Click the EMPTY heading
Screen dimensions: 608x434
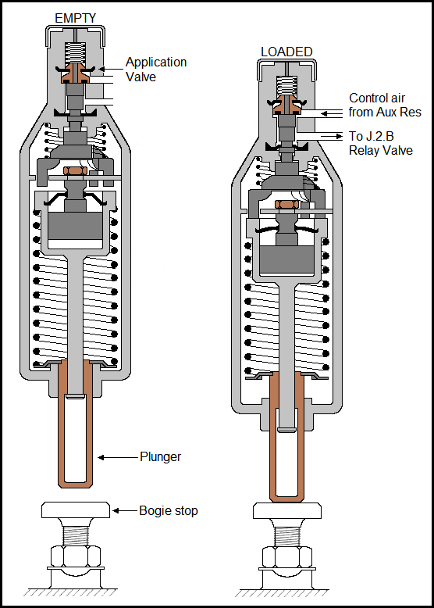[76, 17]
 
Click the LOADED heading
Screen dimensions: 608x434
[286, 52]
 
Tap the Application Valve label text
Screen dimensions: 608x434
[156, 69]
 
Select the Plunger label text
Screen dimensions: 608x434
[160, 456]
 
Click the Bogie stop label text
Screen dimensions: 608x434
[169, 510]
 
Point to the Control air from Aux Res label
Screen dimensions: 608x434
[385, 105]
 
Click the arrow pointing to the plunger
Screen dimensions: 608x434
[117, 456]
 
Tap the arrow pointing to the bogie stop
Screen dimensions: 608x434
[125, 510]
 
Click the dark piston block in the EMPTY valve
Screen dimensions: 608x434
[75, 226]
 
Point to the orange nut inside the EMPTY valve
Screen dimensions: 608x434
[76, 170]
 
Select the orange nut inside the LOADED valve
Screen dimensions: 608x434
[286, 204]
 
